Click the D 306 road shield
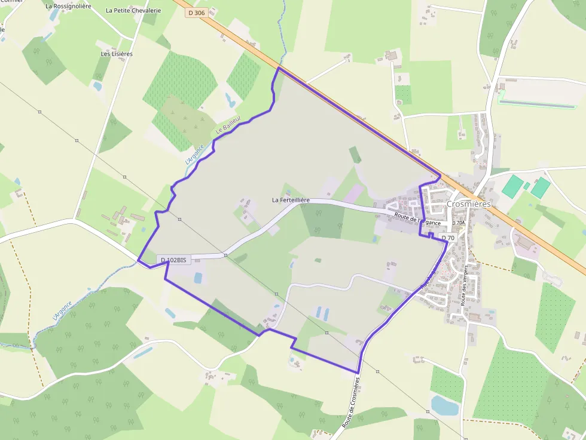(196, 13)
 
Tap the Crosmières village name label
(468, 204)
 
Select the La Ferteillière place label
(291, 200)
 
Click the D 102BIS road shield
(173, 260)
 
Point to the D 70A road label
(458, 223)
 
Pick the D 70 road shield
(448, 238)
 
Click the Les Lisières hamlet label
(117, 54)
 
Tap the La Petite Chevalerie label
(133, 10)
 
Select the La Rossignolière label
(68, 6)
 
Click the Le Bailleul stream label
(228, 125)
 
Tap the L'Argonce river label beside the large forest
(62, 309)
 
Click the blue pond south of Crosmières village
(444, 405)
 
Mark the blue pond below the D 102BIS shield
(198, 278)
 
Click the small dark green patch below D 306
(355, 155)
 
